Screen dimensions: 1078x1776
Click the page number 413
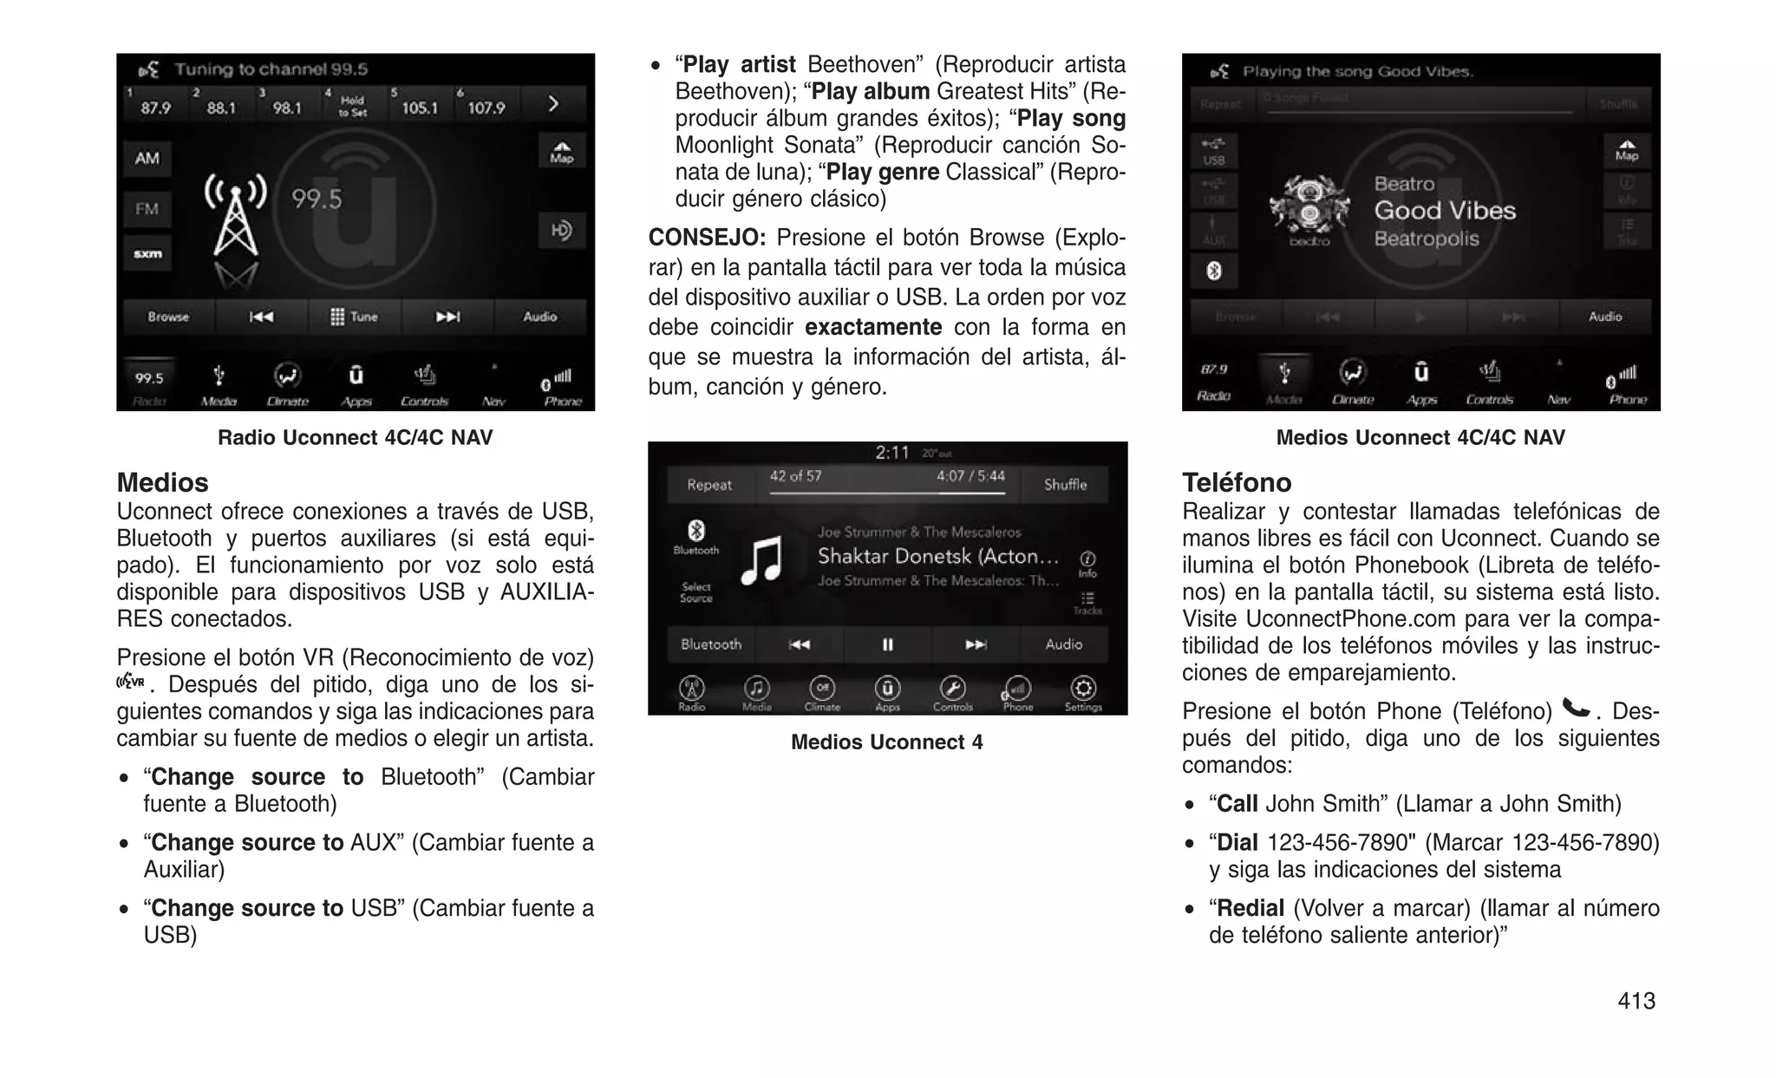coord(1636,1000)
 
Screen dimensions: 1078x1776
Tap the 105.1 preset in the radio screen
coord(419,106)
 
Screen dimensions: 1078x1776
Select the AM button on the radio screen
coord(147,159)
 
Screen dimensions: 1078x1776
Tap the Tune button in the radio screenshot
coord(354,317)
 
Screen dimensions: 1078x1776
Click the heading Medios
coord(162,482)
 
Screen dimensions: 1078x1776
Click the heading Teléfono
coord(1236,482)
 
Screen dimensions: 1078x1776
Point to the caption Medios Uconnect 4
coord(886,742)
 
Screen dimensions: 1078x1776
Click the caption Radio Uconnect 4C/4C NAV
coord(355,437)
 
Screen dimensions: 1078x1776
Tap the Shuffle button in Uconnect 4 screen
coord(1064,485)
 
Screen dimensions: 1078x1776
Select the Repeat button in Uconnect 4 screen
coord(709,485)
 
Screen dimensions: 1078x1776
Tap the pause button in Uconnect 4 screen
coord(887,644)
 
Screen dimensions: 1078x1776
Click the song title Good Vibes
coord(1445,211)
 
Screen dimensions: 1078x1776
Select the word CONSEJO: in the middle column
coord(707,238)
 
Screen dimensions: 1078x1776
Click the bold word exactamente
coord(872,327)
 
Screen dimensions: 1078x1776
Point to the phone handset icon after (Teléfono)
coord(1575,709)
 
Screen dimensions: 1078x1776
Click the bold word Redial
coord(1250,908)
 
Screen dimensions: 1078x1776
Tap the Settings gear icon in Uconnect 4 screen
coord(1082,689)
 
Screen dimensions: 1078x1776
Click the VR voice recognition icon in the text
coord(130,682)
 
